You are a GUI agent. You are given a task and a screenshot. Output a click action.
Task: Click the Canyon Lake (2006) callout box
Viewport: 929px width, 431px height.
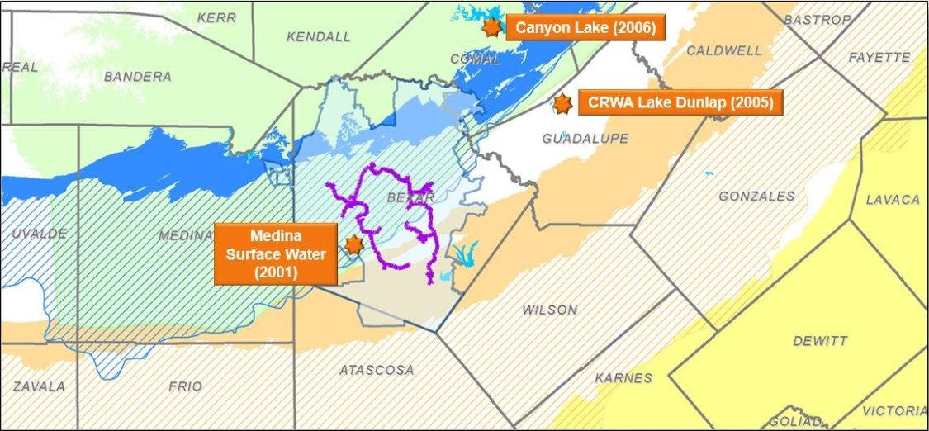pyautogui.click(x=585, y=28)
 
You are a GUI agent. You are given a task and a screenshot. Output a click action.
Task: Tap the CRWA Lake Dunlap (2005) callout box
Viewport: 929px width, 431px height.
pyautogui.click(x=680, y=104)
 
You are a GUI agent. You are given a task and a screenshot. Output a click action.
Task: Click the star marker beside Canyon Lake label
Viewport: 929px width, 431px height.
pyautogui.click(x=491, y=27)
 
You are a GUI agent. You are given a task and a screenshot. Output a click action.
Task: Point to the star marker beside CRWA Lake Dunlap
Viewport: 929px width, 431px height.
pyautogui.click(x=562, y=104)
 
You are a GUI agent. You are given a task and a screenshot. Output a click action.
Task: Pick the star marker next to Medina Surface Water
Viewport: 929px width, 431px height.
pyautogui.click(x=353, y=244)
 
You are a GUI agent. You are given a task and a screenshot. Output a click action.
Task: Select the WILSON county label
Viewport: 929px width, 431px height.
pyautogui.click(x=549, y=310)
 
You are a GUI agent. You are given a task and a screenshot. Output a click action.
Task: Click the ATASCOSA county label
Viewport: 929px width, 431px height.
pyautogui.click(x=377, y=370)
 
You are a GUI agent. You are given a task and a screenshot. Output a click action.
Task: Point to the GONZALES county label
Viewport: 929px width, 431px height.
pyautogui.click(x=756, y=197)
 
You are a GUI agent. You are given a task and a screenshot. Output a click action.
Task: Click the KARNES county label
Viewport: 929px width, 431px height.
pyautogui.click(x=623, y=378)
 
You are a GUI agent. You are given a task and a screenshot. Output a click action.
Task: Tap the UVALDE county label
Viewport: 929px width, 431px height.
pyautogui.click(x=39, y=234)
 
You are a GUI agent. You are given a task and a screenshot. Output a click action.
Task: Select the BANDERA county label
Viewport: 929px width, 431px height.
pyautogui.click(x=138, y=77)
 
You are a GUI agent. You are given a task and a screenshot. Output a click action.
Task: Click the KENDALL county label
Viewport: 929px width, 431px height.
pyautogui.click(x=318, y=36)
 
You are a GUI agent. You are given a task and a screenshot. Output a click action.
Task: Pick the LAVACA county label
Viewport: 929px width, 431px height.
pyautogui.click(x=892, y=200)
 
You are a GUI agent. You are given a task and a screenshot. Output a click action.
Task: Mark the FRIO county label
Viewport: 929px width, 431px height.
pyautogui.click(x=184, y=386)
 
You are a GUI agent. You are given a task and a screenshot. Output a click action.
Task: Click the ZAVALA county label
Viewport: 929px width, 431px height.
pyautogui.click(x=38, y=386)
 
